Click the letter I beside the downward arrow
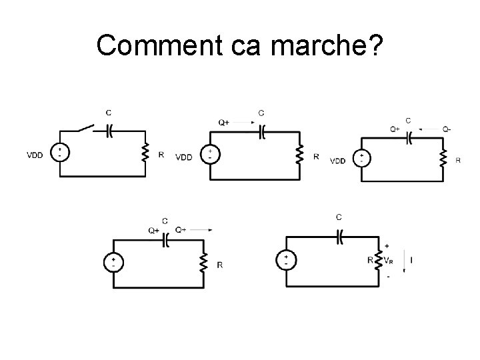(x=414, y=259)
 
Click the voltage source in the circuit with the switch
(x=60, y=153)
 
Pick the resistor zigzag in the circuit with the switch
(x=145, y=154)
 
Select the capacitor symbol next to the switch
(x=110, y=130)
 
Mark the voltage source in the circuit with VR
(x=285, y=259)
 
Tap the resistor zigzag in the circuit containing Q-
(x=443, y=158)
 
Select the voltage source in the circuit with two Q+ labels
(x=113, y=262)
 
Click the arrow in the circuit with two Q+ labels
(x=201, y=230)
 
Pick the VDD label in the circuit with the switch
(x=35, y=155)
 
